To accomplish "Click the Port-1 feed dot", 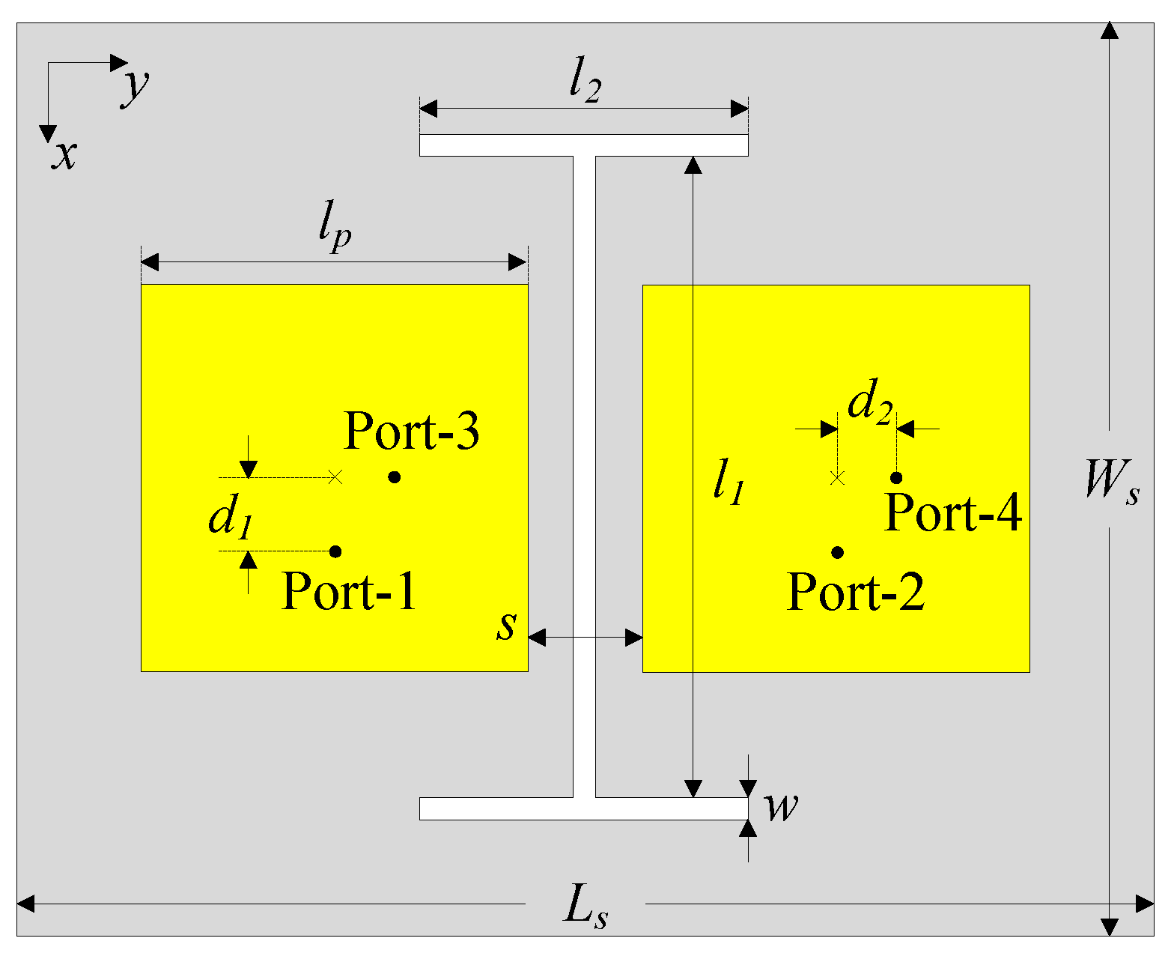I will (x=335, y=551).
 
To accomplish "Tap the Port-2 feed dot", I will (x=838, y=552).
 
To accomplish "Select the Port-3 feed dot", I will (x=395, y=477).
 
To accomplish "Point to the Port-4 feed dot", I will (x=896, y=477).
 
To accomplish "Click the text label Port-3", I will (x=411, y=432).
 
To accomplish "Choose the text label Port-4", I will (x=952, y=513).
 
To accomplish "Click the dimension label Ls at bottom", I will (x=585, y=907).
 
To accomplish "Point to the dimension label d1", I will (x=229, y=518).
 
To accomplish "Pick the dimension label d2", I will (x=869, y=405).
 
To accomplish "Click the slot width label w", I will (x=780, y=808).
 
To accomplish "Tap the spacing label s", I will (x=507, y=626).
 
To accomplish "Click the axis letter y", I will (x=136, y=85).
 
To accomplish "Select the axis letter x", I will (x=64, y=155).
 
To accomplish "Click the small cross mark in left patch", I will (x=335, y=477).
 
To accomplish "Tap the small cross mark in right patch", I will (x=838, y=477).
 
